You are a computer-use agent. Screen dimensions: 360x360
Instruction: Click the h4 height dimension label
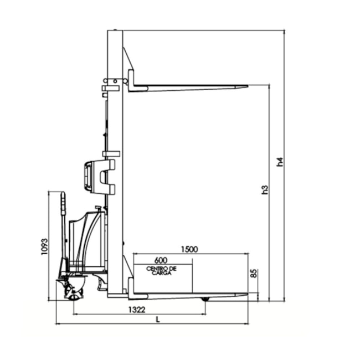(280, 162)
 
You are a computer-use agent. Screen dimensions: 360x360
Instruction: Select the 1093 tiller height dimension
(44, 246)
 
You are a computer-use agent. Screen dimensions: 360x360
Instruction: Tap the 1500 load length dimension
(189, 249)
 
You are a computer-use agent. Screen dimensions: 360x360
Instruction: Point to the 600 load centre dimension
(161, 260)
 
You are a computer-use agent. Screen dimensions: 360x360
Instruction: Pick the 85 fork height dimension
(254, 274)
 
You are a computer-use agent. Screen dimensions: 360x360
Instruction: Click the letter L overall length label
(158, 319)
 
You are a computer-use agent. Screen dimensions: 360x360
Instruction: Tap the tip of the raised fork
(246, 86)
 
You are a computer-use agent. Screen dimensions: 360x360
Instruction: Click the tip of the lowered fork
(246, 295)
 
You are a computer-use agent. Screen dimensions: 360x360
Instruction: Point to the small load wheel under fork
(205, 299)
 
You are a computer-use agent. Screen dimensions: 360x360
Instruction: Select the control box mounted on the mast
(99, 176)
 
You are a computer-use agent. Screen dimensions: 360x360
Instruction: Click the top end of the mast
(115, 31)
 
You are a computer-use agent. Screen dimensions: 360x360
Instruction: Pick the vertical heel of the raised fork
(131, 80)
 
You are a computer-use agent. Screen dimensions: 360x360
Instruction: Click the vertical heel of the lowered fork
(131, 287)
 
